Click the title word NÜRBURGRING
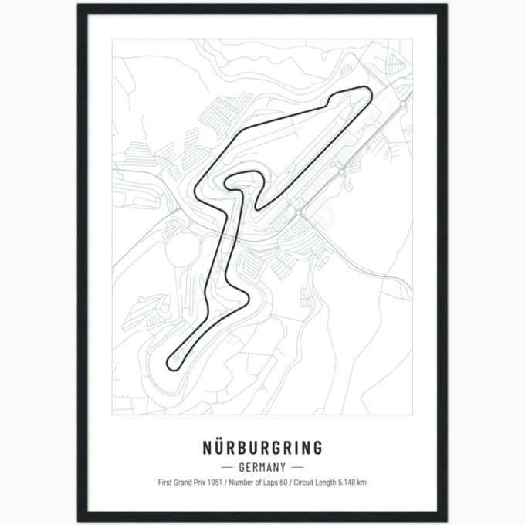262,448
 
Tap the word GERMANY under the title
262,467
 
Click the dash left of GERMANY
228,467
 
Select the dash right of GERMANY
297,467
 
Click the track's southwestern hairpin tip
170,361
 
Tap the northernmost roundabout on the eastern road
403,103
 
